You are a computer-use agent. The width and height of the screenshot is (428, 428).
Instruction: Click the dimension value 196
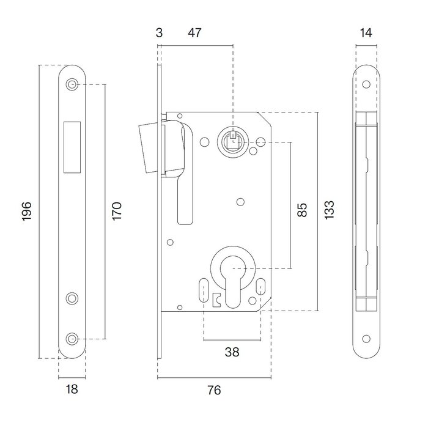[x=27, y=211]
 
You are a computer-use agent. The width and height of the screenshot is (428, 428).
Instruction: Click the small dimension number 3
[x=160, y=32]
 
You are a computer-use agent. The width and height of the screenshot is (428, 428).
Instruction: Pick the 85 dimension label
[x=301, y=211]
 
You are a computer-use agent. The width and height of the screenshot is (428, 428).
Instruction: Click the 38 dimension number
[x=232, y=352]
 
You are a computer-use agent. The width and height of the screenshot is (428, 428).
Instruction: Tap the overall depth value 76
[x=213, y=389]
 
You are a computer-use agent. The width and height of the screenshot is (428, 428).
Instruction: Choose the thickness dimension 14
[x=367, y=32]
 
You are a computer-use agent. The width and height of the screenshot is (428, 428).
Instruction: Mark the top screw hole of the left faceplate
[x=73, y=84]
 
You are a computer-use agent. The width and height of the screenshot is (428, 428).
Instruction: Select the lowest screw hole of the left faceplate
[x=73, y=338]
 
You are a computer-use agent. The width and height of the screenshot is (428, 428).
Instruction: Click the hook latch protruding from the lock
[x=150, y=147]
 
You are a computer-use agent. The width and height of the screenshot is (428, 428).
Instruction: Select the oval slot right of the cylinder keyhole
[x=260, y=286]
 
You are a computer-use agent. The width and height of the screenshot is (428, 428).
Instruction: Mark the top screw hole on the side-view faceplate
[x=367, y=85]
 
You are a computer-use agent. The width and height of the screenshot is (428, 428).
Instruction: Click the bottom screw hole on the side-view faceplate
[x=367, y=338]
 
